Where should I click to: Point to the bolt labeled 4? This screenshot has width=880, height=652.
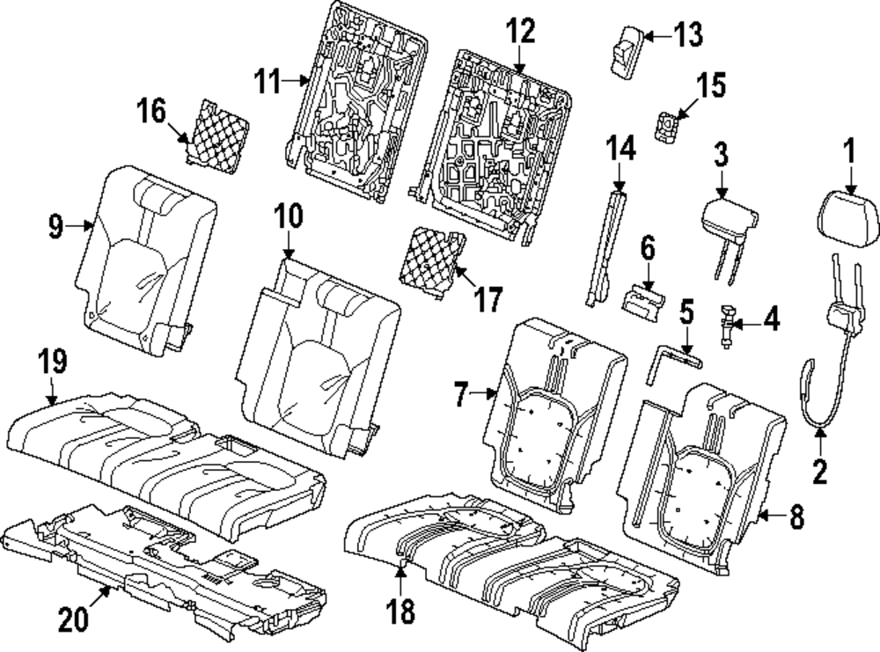[727, 326]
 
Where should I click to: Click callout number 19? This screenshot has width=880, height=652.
[51, 362]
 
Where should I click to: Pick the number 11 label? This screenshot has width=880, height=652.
[272, 84]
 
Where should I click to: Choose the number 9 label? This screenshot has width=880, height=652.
[55, 226]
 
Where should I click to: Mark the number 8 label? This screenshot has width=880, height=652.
[796, 517]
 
